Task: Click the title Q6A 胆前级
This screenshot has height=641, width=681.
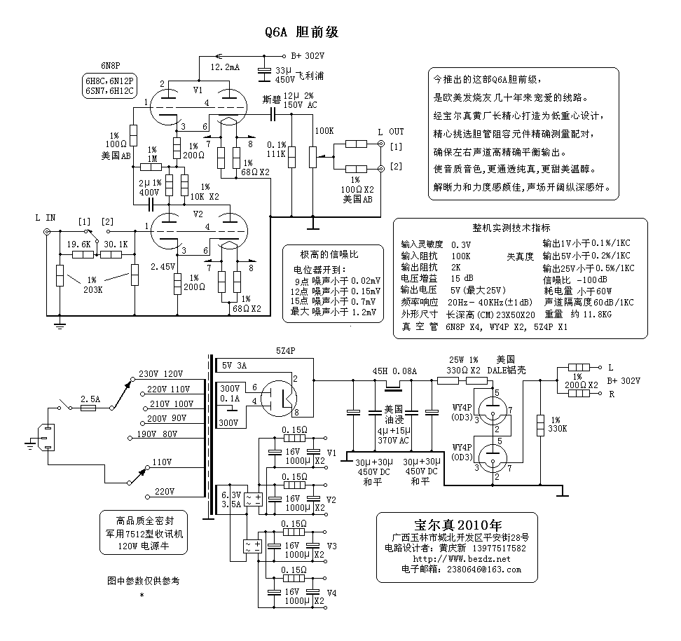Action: [302, 33]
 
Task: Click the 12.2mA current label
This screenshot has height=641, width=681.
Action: [225, 67]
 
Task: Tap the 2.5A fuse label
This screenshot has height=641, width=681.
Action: [90, 399]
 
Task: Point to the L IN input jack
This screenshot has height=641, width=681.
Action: [47, 231]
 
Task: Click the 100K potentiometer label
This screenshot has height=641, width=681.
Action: [324, 131]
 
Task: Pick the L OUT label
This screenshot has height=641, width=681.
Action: [391, 131]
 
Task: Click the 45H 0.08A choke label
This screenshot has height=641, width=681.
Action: [394, 371]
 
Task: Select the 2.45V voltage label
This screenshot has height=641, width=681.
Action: [162, 267]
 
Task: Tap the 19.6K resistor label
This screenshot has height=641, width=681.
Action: [78, 244]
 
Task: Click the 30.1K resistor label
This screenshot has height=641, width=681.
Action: [115, 244]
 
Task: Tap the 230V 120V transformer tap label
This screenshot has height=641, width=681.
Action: [161, 373]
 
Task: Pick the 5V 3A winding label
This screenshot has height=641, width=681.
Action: [235, 366]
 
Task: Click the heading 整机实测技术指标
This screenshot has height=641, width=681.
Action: [511, 228]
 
